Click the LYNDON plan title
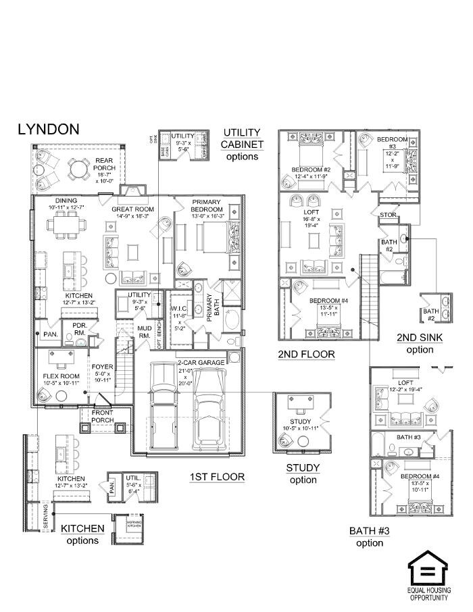[x=48, y=129]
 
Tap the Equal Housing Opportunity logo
[x=428, y=574]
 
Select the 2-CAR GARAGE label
[x=201, y=362]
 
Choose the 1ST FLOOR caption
[x=217, y=477]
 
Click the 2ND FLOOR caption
[x=306, y=354]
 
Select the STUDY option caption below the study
[x=303, y=474]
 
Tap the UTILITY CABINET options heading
[x=242, y=144]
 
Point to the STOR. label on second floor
[x=388, y=215]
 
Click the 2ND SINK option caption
[x=420, y=344]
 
